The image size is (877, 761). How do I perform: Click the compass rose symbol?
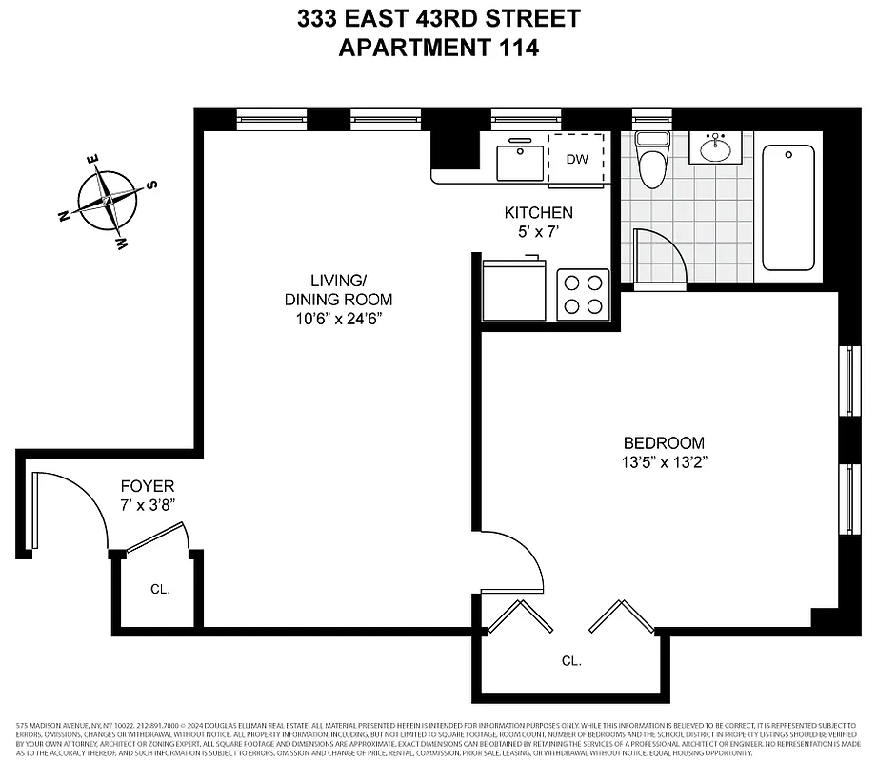pyautogui.click(x=108, y=201)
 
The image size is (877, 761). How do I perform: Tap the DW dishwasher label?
pyautogui.click(x=577, y=159)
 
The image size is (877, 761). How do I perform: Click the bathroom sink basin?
pyautogui.click(x=716, y=149)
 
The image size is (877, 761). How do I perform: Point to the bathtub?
pyautogui.click(x=788, y=207)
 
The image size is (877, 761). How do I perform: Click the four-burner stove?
pyautogui.click(x=583, y=293)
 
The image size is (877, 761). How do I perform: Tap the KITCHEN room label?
pyautogui.click(x=538, y=213)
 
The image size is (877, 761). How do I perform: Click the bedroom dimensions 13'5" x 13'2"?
pyautogui.click(x=664, y=462)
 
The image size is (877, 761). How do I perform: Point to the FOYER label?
pyautogui.click(x=148, y=486)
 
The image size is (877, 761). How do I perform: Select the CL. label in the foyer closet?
pyautogui.click(x=160, y=590)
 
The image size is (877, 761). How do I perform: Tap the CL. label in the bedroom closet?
pyautogui.click(x=571, y=660)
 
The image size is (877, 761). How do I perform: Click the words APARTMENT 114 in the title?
pyautogui.click(x=439, y=48)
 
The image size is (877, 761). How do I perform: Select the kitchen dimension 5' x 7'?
pyautogui.click(x=538, y=231)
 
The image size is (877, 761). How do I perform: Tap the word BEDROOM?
pyautogui.click(x=664, y=442)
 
